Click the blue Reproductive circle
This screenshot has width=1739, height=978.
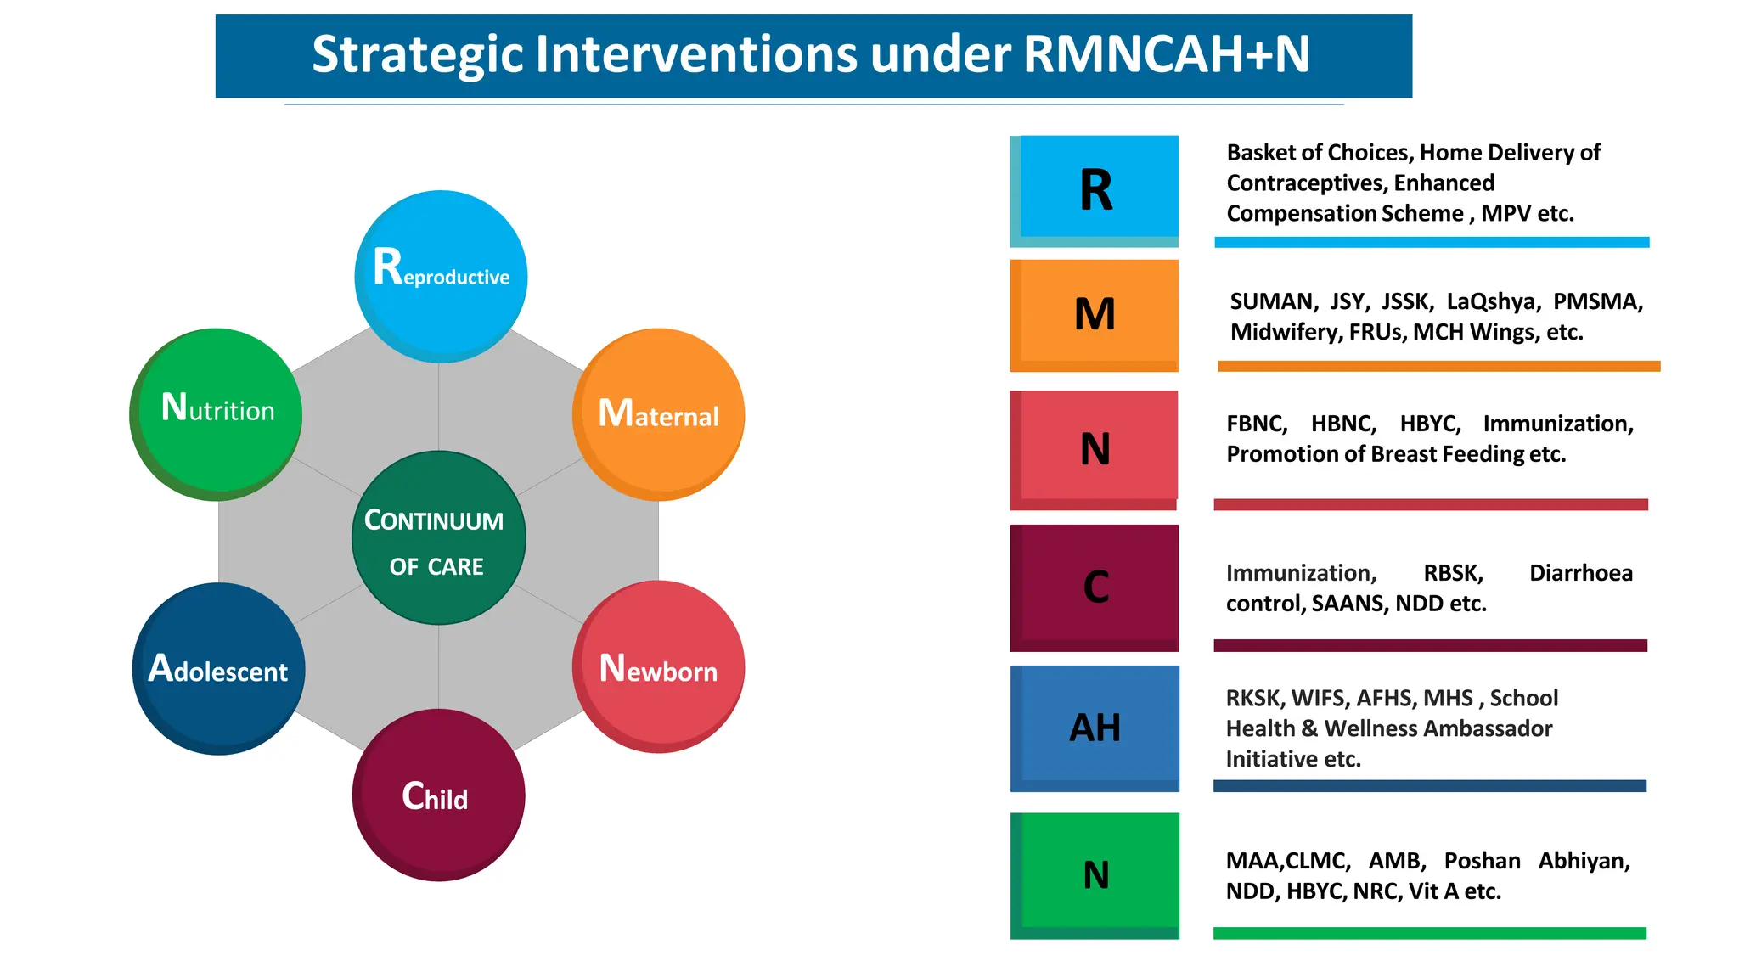point(441,276)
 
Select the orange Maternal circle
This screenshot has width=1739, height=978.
point(659,413)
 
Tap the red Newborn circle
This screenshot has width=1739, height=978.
point(659,666)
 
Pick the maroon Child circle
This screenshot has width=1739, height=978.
point(438,795)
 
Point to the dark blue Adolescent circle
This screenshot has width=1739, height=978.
point(219,668)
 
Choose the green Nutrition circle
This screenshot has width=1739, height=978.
point(217,413)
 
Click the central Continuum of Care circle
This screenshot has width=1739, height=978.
point(438,538)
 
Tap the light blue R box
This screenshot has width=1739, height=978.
point(1095,190)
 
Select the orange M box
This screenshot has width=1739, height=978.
point(1095,314)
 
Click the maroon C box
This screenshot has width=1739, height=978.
point(1095,587)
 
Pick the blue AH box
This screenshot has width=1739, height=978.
point(1095,728)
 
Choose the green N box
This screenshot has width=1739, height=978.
point(1095,874)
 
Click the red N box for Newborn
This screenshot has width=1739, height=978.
point(1095,448)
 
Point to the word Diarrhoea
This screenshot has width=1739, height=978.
point(1580,573)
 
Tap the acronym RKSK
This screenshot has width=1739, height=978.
point(1254,699)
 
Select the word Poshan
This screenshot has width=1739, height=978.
point(1482,861)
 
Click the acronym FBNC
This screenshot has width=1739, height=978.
point(1257,424)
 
